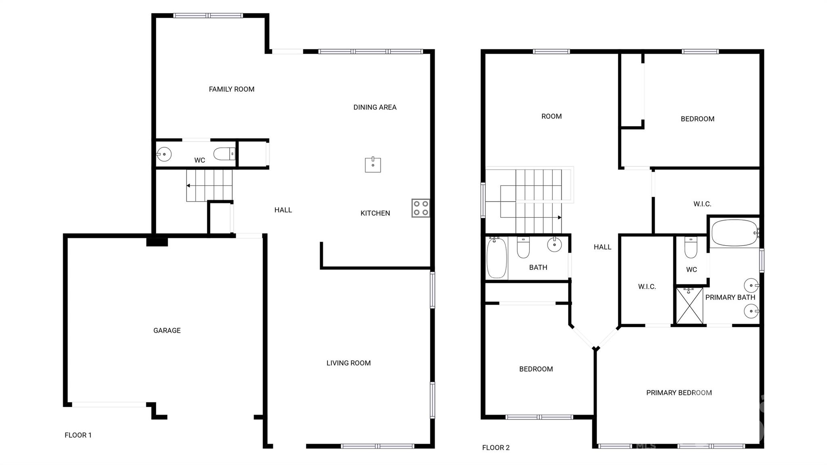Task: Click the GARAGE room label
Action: (167, 330)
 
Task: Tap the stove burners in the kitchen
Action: (421, 208)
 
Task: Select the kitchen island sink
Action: (373, 164)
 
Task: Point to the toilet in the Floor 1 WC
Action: (225, 154)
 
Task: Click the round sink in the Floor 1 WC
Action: (164, 154)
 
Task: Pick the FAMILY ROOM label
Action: (231, 89)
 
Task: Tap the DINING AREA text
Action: (375, 107)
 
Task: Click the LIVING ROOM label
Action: (348, 363)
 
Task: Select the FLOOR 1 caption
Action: (78, 435)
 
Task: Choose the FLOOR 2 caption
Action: (496, 448)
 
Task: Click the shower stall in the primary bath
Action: (690, 306)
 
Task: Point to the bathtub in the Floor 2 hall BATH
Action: (497, 258)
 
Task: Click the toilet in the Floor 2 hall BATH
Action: (523, 247)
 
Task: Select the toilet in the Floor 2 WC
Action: (691, 247)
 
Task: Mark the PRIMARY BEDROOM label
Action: (679, 393)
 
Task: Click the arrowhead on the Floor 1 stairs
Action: (188, 186)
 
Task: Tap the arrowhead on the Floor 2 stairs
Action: (560, 217)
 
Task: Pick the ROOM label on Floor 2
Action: (551, 116)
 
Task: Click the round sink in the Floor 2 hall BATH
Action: (554, 244)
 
